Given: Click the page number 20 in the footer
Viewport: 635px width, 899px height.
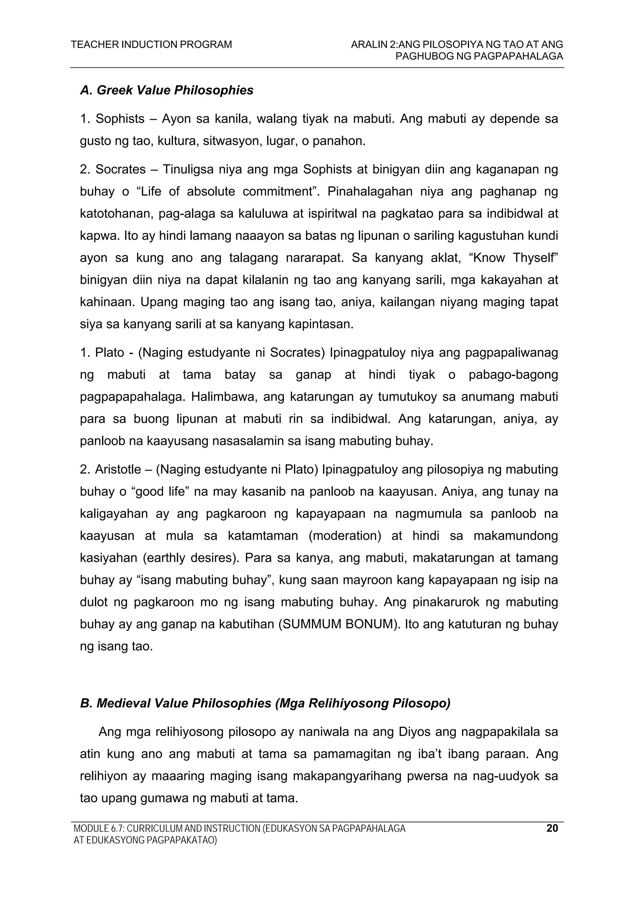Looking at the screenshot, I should (x=552, y=828).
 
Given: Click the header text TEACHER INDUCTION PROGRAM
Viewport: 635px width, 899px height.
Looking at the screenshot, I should (x=151, y=45).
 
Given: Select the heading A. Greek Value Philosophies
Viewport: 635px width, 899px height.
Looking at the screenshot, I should (x=167, y=90).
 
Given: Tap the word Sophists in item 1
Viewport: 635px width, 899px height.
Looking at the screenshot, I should (x=120, y=119).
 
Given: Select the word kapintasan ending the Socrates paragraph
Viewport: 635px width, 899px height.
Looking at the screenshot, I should (x=320, y=324).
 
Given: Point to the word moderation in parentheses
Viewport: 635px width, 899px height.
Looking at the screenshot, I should (x=345, y=536).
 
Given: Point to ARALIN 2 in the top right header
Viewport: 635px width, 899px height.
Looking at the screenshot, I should (x=374, y=45).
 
